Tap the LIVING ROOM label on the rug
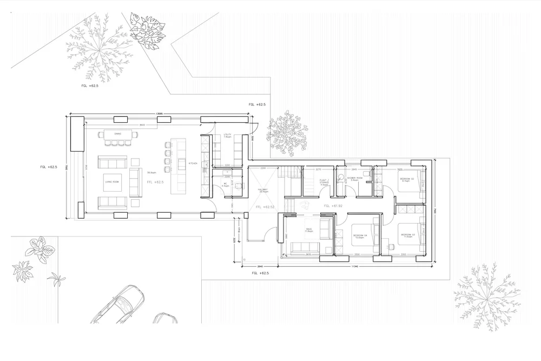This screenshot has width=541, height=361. pos(112,182)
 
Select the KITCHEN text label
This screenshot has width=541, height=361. pos(192,163)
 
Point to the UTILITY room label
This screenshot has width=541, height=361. pos(227,136)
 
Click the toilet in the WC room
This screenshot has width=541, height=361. pos(236,185)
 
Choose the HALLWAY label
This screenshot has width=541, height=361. pos(264,191)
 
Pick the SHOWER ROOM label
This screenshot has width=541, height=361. pos(354,179)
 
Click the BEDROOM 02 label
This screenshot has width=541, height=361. pos(407,179)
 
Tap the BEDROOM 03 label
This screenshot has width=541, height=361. pos(407,235)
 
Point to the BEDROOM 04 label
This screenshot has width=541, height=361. pos(360,236)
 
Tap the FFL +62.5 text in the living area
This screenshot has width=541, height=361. pos(155,182)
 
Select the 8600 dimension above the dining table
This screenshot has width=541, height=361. pos(142,125)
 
